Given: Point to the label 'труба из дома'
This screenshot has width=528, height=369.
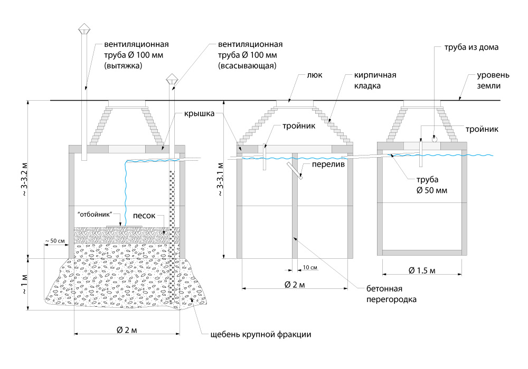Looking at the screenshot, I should pos(468,47).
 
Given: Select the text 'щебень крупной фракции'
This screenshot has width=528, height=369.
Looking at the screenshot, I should pos(261,334).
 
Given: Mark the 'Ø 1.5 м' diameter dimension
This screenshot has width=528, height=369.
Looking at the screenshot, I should pos(422,270).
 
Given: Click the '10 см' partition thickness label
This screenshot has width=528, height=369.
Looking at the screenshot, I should pos(310,268).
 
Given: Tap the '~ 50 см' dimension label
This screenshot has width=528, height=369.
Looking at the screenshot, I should pos(55,241).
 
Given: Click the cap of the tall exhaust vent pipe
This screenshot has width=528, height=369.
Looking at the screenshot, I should pos(84,27).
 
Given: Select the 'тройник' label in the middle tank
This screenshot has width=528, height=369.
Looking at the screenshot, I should pos(298,127).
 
